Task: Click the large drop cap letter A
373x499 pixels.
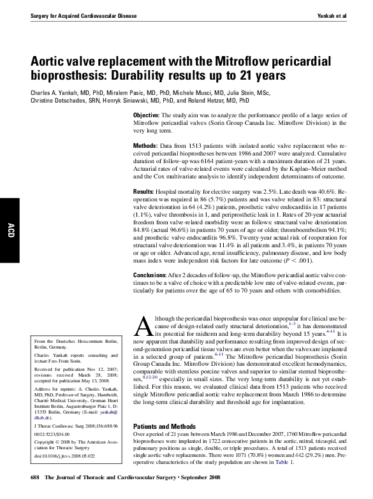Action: point(143,326)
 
